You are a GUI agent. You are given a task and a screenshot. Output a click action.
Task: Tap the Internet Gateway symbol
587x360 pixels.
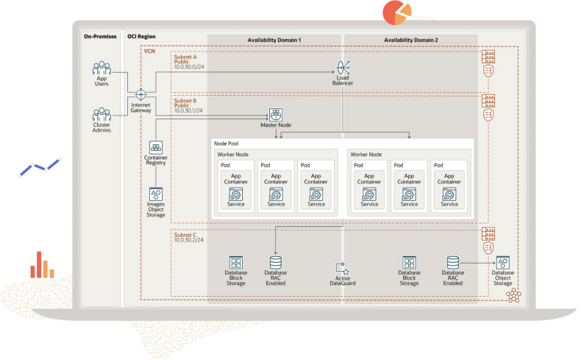pyautogui.click(x=140, y=95)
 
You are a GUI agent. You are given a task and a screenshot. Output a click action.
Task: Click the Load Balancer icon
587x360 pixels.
pyautogui.click(x=343, y=68)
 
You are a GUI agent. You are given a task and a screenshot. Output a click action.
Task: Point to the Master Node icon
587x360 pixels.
pyautogui.click(x=275, y=115)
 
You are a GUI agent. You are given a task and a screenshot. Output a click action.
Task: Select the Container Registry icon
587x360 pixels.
pyautogui.click(x=155, y=147)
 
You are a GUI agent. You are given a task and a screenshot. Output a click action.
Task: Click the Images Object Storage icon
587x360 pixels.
pyautogui.click(x=155, y=194)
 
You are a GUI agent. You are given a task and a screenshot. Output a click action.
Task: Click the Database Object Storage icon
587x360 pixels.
pyautogui.click(x=502, y=263)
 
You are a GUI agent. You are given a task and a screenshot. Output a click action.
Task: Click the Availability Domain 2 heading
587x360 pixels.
pyautogui.click(x=410, y=39)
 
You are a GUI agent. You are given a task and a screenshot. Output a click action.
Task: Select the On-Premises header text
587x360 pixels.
pyautogui.click(x=100, y=36)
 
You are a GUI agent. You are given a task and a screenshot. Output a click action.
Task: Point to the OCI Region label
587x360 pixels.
pyautogui.click(x=142, y=36)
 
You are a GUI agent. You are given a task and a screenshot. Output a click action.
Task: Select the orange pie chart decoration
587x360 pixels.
pyautogui.click(x=396, y=11)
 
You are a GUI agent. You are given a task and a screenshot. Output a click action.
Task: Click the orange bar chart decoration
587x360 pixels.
pyautogui.click(x=42, y=265)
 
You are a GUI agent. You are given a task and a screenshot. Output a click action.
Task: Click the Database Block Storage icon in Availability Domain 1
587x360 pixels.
pyautogui.click(x=236, y=263)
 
